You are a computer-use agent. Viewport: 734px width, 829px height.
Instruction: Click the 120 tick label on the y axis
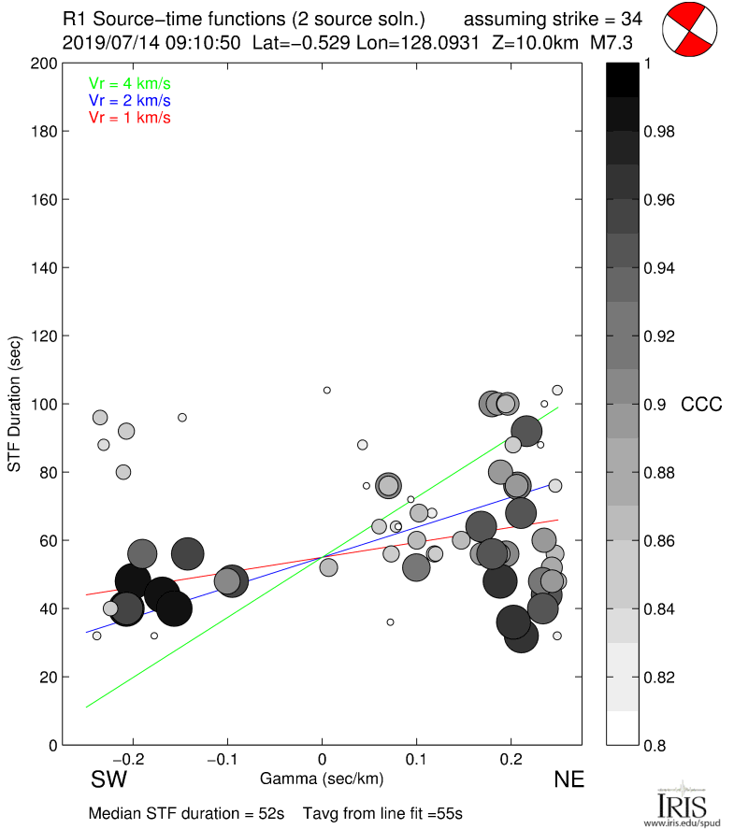[43, 336]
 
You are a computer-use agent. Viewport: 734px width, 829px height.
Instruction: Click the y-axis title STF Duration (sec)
[15, 404]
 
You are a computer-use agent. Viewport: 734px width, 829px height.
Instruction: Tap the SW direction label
[108, 780]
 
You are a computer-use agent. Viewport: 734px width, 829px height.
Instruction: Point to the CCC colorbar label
[702, 404]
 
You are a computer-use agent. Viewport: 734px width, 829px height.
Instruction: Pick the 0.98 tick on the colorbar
[659, 132]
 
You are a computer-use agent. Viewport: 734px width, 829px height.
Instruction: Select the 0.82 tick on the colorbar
[659, 677]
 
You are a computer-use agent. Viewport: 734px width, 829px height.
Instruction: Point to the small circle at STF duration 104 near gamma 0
[327, 390]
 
